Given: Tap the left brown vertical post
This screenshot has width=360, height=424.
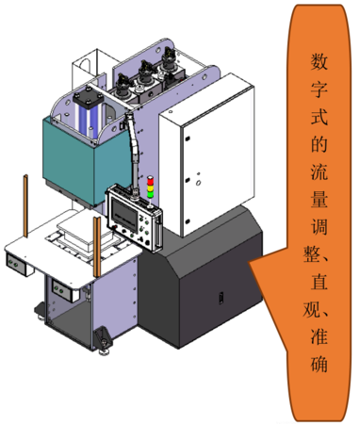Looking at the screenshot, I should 26,206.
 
